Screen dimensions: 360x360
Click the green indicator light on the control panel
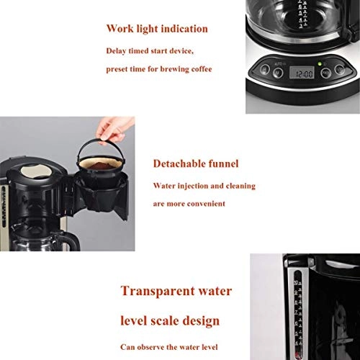320,64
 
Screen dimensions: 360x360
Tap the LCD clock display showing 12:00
302,73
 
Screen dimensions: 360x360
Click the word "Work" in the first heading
120,28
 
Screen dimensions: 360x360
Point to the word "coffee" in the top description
202,69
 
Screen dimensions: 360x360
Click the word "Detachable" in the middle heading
179,163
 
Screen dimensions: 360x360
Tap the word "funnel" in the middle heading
223,163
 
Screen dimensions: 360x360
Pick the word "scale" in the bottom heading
164,320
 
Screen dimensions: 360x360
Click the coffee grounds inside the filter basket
99,165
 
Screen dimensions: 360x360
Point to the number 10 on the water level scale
297,282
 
